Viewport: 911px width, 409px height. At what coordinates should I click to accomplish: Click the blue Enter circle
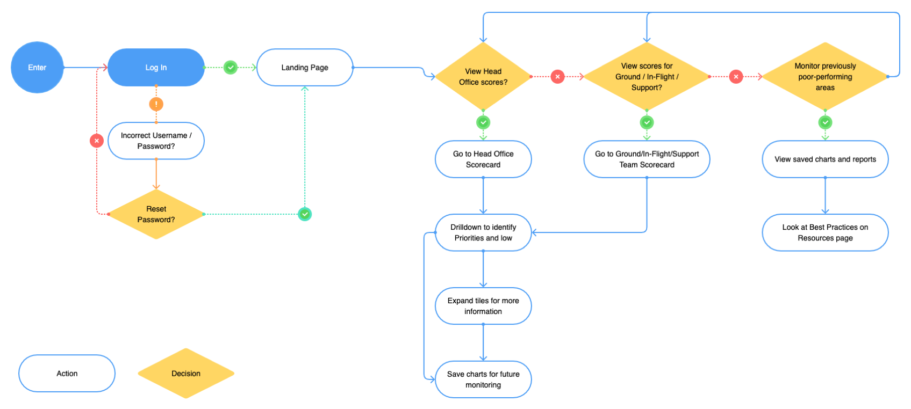click(x=37, y=68)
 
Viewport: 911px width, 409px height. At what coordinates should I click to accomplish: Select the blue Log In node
click(x=156, y=68)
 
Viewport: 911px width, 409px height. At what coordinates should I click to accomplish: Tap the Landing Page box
click(x=305, y=68)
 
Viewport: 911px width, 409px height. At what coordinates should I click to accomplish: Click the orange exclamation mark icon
click(x=156, y=104)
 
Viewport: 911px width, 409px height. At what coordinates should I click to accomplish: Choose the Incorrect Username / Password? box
click(x=156, y=141)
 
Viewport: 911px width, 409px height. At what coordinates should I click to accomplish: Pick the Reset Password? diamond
click(x=156, y=214)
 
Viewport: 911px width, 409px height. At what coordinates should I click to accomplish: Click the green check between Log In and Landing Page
click(x=231, y=68)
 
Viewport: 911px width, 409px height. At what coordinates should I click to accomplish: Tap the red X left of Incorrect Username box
click(x=96, y=141)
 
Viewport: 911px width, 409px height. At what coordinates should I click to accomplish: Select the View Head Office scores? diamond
click(x=483, y=77)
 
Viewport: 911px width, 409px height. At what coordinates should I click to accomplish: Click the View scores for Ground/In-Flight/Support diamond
click(x=647, y=77)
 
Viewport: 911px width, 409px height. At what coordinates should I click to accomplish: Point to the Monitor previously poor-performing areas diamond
click(x=825, y=77)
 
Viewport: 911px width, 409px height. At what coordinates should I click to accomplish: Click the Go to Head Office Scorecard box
click(x=483, y=159)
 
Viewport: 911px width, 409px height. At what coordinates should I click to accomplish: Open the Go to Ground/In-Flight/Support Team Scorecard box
click(x=647, y=159)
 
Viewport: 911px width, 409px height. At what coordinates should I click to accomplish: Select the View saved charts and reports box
click(x=825, y=159)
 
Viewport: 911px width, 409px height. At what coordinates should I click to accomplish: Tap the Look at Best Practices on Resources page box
click(x=825, y=232)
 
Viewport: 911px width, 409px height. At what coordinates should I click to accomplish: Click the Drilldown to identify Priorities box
click(x=483, y=232)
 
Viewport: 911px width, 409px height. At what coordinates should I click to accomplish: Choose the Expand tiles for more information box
click(x=483, y=306)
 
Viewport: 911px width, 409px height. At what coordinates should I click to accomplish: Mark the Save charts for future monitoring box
click(x=483, y=379)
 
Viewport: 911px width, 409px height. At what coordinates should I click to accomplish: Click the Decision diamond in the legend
click(x=186, y=374)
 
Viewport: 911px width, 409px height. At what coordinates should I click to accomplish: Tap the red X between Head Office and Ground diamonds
click(x=558, y=77)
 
